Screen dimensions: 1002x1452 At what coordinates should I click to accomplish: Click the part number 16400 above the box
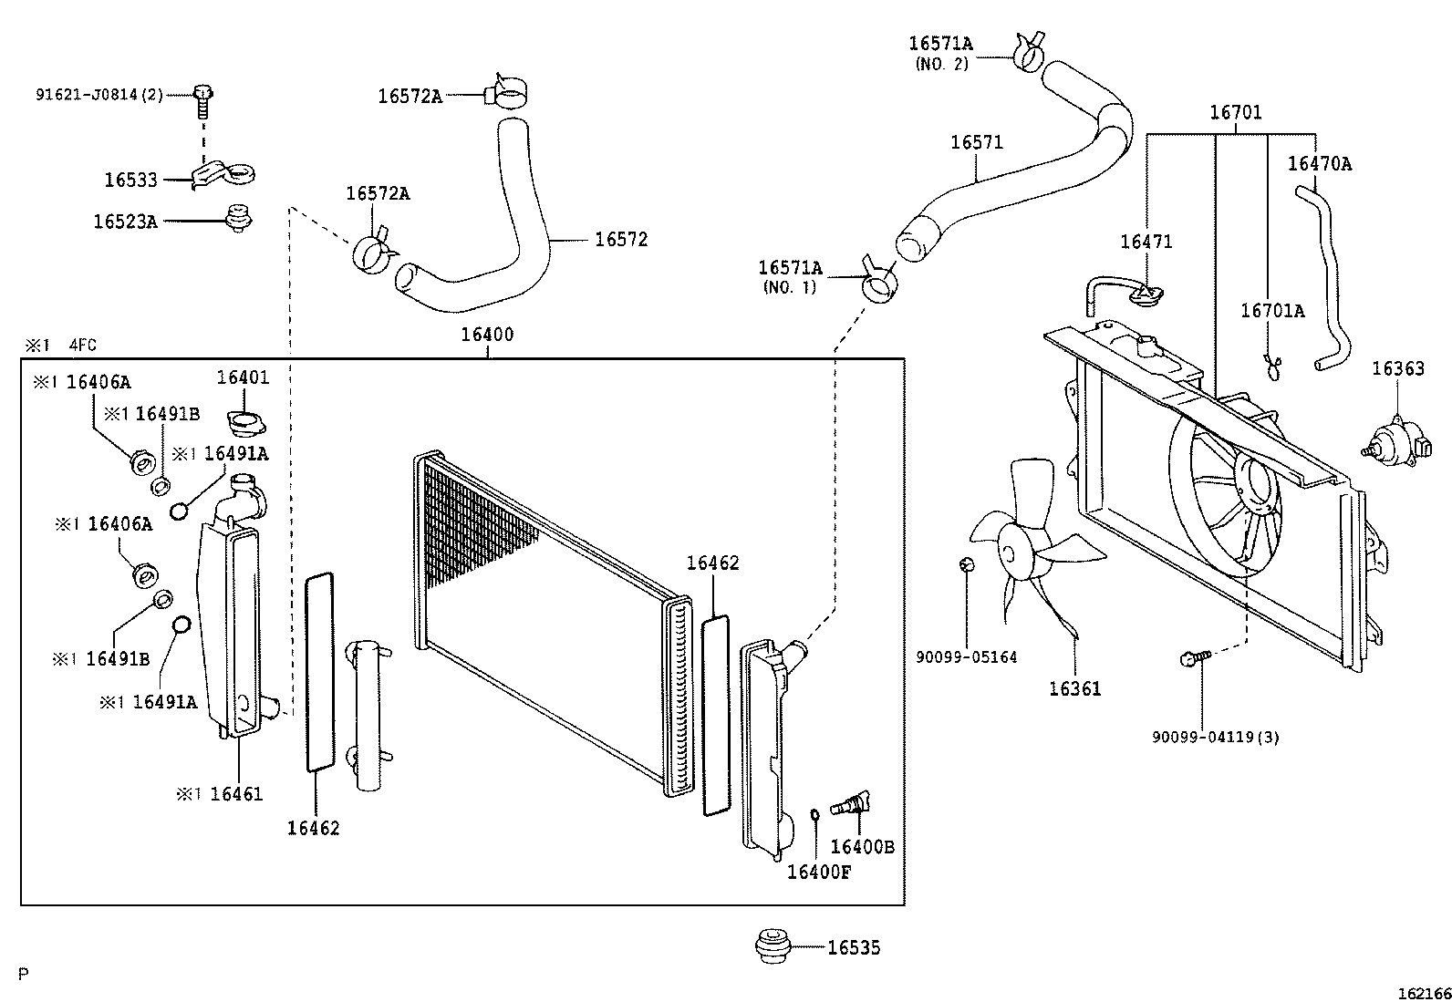coord(487,335)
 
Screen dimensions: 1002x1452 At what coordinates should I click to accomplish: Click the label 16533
coord(130,181)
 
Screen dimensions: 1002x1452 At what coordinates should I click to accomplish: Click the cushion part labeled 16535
coord(773,945)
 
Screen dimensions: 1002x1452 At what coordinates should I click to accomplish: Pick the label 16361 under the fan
coord(1074,689)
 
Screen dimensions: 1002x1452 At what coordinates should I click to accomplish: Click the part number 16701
coord(1236,113)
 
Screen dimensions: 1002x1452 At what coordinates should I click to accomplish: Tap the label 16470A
coord(1319,164)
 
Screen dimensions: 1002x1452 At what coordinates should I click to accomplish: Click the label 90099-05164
coord(967,657)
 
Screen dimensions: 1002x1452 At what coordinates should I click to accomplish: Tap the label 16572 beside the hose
coord(621,240)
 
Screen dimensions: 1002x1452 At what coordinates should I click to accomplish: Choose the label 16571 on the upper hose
coord(976,142)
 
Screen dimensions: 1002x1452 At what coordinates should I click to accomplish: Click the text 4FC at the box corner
coord(82,345)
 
